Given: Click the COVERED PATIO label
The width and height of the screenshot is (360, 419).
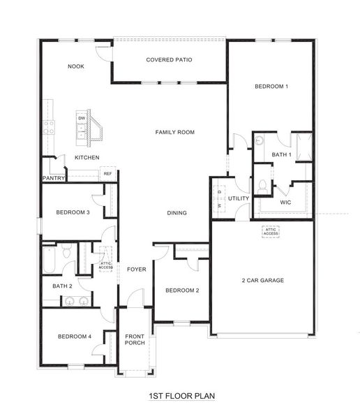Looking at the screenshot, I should (169, 59).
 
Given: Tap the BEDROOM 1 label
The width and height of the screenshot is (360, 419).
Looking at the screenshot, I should (271, 87).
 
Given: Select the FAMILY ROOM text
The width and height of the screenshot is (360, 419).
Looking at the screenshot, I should (174, 132).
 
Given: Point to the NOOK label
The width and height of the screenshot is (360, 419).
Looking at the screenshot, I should (76, 66).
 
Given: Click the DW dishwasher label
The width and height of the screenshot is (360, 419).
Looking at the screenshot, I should (82, 119).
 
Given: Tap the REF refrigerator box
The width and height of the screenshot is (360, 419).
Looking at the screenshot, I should (107, 174).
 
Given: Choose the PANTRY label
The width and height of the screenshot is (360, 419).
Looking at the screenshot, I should (54, 178).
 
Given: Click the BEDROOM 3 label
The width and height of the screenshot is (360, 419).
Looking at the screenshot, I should (73, 212).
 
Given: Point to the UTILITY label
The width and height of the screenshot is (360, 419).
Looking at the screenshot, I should (239, 198).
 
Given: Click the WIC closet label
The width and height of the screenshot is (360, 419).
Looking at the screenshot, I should (285, 202).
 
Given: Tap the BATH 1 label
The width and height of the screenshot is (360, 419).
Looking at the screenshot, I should (281, 154).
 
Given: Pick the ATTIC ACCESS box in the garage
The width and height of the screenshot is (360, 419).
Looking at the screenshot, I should (271, 230).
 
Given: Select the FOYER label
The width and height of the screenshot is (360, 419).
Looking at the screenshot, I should (136, 269).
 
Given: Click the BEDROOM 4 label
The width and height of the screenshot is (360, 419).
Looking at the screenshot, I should (74, 337).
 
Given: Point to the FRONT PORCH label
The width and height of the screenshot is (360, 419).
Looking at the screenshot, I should (135, 340).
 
